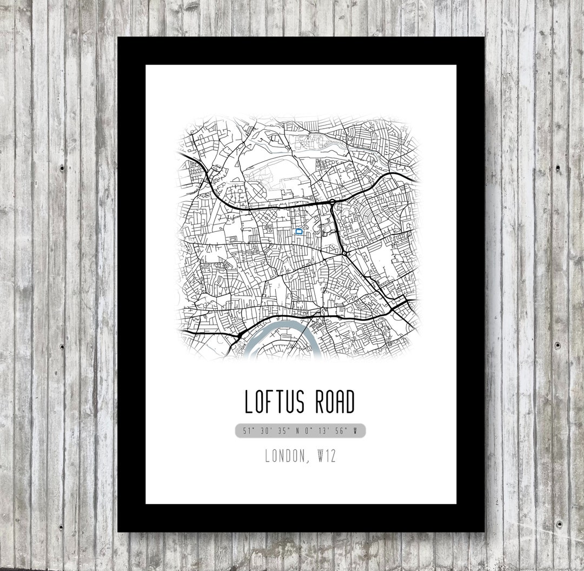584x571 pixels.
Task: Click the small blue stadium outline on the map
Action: pyautogui.click(x=298, y=231)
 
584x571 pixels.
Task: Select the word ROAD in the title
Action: pyautogui.click(x=332, y=402)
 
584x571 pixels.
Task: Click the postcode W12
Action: pyautogui.click(x=326, y=456)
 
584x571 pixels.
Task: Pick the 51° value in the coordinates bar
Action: pyautogui.click(x=249, y=431)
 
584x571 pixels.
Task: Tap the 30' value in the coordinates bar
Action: pyautogui.click(x=266, y=431)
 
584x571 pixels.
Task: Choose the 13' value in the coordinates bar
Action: pyautogui.click(x=323, y=431)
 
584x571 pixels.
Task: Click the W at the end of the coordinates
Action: pyautogui.click(x=355, y=431)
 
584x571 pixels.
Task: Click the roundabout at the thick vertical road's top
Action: pyautogui.click(x=332, y=202)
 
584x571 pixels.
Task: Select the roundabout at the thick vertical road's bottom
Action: pyautogui.click(x=344, y=252)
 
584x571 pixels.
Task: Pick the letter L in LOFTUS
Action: pyautogui.click(x=249, y=402)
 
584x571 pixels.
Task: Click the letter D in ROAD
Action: pyautogui.click(x=349, y=402)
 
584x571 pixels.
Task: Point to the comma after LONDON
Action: pyautogui.click(x=308, y=461)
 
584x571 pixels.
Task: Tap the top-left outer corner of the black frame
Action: pyautogui.click(x=118, y=37)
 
